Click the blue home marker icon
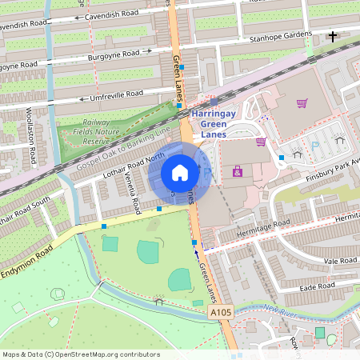tap(180, 172)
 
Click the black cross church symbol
tap(332, 36)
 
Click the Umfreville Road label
tap(113, 94)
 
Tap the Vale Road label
tap(342, 261)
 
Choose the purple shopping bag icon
tap(302, 102)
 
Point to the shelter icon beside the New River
tap(158, 302)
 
